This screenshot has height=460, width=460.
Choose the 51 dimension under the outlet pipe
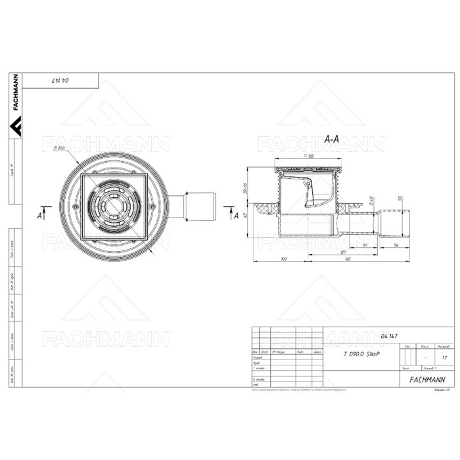click(x=365, y=244)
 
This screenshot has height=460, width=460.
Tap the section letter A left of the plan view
click(x=40, y=214)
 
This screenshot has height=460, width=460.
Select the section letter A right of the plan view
click(x=234, y=214)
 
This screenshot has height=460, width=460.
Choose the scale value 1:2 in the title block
click(x=444, y=358)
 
